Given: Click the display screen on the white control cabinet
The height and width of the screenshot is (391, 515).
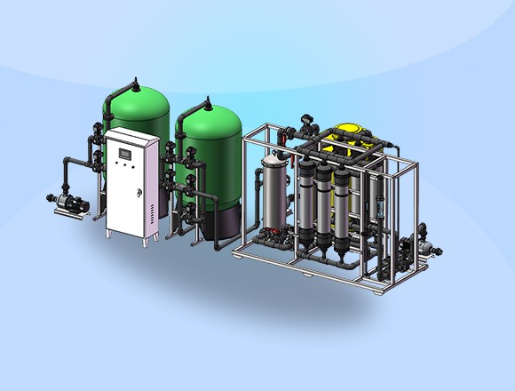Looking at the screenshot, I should pyautogui.click(x=126, y=155).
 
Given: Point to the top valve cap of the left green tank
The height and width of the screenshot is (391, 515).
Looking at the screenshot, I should pyautogui.click(x=134, y=83).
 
